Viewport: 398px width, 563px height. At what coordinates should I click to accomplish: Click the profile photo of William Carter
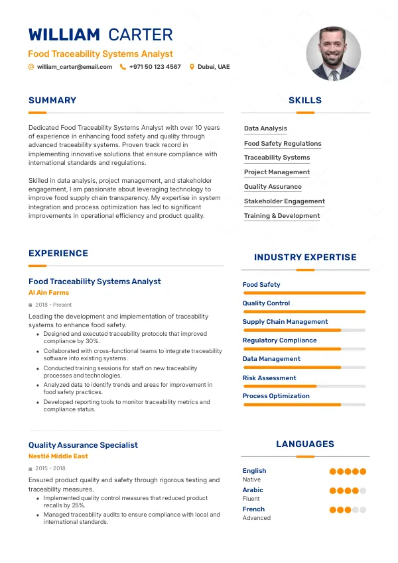(x=334, y=54)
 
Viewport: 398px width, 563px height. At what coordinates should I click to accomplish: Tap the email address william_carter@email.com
(x=74, y=67)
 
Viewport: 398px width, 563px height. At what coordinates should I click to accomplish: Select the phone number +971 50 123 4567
(x=155, y=67)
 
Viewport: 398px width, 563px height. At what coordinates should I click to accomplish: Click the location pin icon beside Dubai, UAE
(x=192, y=67)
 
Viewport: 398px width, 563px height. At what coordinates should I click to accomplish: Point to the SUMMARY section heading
(x=52, y=101)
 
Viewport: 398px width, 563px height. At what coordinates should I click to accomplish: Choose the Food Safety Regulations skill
(x=283, y=144)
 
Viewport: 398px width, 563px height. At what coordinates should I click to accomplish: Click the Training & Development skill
(x=282, y=216)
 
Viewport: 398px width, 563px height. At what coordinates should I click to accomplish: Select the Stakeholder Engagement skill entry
(x=284, y=201)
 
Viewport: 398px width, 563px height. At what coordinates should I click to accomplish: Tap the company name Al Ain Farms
(x=48, y=293)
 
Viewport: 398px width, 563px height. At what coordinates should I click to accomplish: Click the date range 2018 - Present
(x=53, y=305)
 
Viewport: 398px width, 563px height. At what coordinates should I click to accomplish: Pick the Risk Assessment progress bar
(x=304, y=386)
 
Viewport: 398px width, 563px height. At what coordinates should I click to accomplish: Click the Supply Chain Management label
(x=285, y=322)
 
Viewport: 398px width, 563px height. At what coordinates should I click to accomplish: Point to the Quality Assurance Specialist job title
(x=83, y=445)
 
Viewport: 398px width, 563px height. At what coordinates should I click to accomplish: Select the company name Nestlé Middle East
(x=58, y=456)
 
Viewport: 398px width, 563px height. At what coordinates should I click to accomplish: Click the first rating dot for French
(x=333, y=510)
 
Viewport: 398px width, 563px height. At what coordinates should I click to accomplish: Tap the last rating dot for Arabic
(x=363, y=491)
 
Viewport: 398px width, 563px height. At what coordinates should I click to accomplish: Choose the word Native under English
(x=251, y=480)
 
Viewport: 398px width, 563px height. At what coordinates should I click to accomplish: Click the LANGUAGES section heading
(x=305, y=444)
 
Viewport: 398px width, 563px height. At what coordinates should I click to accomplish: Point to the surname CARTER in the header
(x=140, y=35)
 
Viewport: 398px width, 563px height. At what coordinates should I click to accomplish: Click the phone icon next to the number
(x=123, y=67)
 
